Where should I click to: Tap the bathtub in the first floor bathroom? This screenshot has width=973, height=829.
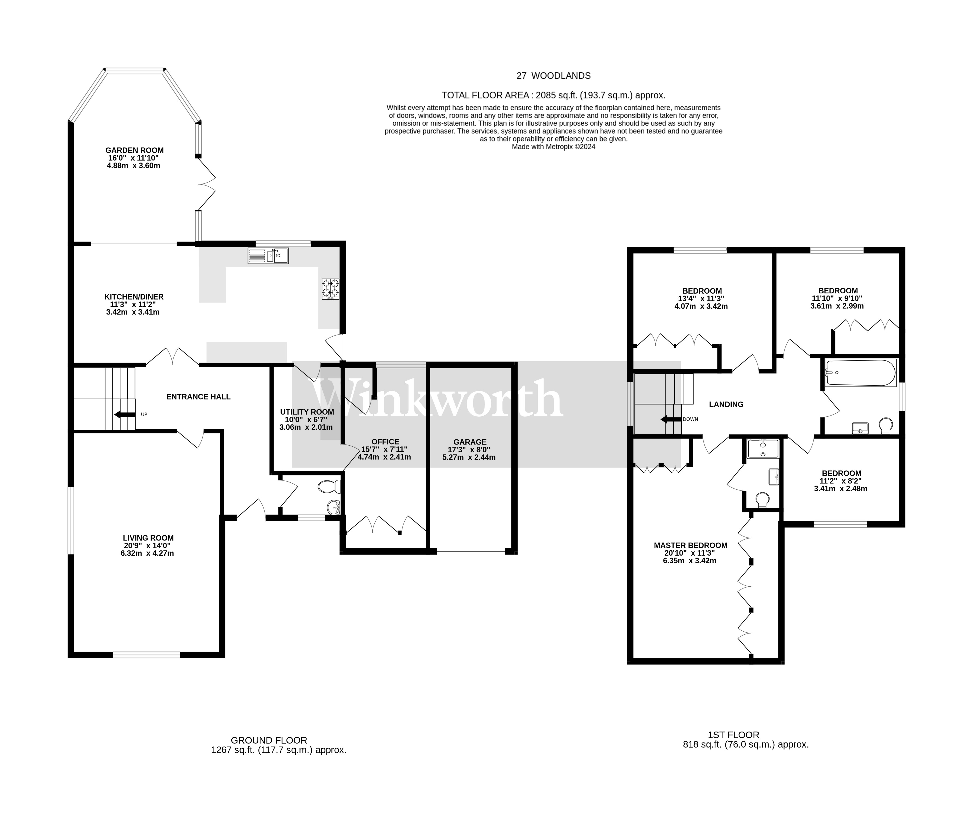pyautogui.click(x=860, y=373)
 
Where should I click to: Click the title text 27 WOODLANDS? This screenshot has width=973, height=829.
pyautogui.click(x=553, y=76)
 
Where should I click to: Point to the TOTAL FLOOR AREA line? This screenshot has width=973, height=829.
pyautogui.click(x=553, y=95)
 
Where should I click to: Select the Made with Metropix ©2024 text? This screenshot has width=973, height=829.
pyautogui.click(x=553, y=147)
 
